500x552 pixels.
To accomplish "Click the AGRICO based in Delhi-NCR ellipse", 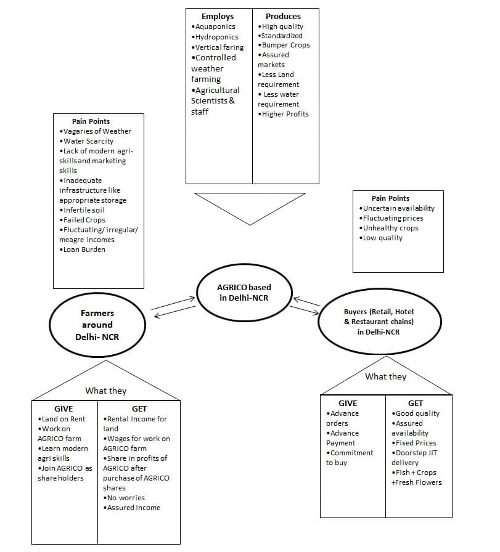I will pos(244,292).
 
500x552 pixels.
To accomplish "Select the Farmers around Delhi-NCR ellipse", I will pos(97,325).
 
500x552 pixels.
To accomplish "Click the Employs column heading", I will pos(217,17).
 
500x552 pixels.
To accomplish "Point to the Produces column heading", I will pos(283,17).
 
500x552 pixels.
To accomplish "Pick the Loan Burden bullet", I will pos(84,250).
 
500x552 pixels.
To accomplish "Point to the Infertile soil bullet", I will pos(84,210).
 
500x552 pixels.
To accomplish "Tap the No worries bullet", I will pos(126,498).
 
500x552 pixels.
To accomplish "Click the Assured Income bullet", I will pos(133,508).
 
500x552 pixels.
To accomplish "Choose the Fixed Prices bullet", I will pos(416,443).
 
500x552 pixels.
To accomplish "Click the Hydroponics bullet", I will pos(217,37).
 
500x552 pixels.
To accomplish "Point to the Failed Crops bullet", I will pos(84,220).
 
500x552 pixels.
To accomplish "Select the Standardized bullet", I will pos(282,36).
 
